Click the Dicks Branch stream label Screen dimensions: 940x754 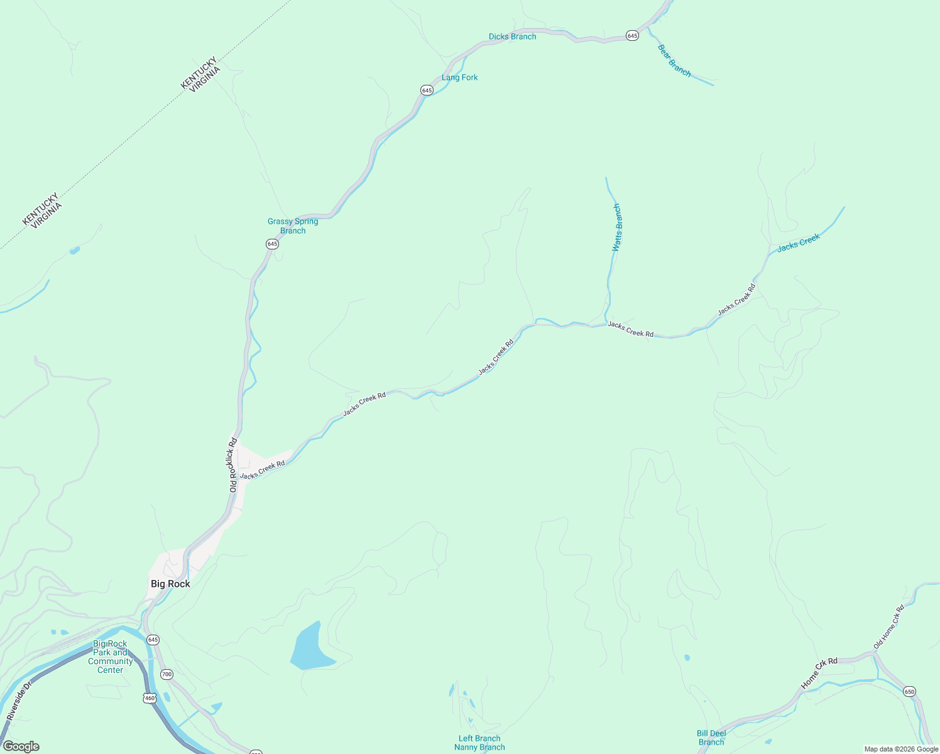tap(512, 36)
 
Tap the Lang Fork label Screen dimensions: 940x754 tap(459, 77)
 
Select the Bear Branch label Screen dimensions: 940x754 tap(674, 61)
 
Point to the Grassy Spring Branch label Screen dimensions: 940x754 tap(293, 226)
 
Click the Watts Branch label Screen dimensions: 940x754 tap(617, 227)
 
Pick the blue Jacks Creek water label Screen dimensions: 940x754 tap(798, 243)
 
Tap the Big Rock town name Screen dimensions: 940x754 tap(170, 584)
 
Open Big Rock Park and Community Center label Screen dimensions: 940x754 tap(110, 657)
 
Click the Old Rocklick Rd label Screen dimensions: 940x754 tap(232, 465)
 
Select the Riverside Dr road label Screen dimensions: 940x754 tap(19, 701)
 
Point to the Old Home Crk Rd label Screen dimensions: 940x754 tap(888, 627)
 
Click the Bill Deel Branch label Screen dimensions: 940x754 tap(711, 738)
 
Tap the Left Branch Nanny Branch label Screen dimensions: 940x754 tap(479, 743)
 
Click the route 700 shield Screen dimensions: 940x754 tap(166, 674)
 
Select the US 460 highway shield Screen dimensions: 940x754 tap(149, 697)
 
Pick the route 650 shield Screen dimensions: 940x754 tap(909, 691)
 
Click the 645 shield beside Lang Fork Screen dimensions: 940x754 tap(427, 90)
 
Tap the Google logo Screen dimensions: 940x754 tap(21, 746)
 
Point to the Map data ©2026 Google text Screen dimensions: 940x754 tap(901, 749)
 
